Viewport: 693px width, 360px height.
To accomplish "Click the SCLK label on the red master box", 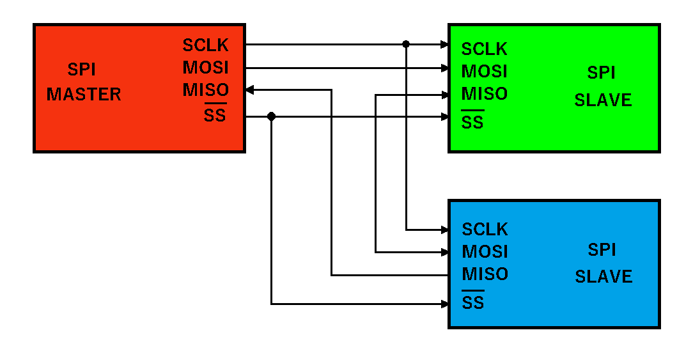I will click(205, 45).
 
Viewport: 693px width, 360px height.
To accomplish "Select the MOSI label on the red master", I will click(205, 68).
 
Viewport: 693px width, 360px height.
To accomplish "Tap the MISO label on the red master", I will click(205, 90).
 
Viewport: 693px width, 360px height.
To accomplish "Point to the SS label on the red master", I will click(215, 116).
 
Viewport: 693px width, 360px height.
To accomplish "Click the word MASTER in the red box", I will click(84, 95).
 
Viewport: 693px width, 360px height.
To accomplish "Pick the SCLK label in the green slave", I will click(485, 49).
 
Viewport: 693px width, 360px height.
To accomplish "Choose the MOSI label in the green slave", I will click(485, 72).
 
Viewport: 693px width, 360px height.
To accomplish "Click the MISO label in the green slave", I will click(485, 94).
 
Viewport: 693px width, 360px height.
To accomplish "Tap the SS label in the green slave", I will click(472, 122).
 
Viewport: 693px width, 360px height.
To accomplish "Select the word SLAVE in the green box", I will click(603, 100).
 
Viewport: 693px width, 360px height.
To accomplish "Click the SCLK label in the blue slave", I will click(485, 230).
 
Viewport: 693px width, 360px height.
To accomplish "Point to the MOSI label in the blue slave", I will click(485, 252).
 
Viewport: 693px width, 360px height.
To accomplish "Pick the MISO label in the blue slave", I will click(485, 274).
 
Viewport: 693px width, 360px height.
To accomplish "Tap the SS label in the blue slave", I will click(472, 302).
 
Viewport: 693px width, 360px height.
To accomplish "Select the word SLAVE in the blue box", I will click(603, 277).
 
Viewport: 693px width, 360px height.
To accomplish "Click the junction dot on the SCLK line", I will click(406, 44).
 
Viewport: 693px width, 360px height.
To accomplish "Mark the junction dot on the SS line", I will click(271, 116).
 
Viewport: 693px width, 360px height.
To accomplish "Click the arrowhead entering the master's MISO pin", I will click(250, 90).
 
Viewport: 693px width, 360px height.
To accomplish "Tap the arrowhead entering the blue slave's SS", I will click(444, 304).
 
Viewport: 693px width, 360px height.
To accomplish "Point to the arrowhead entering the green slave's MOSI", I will click(444, 67).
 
